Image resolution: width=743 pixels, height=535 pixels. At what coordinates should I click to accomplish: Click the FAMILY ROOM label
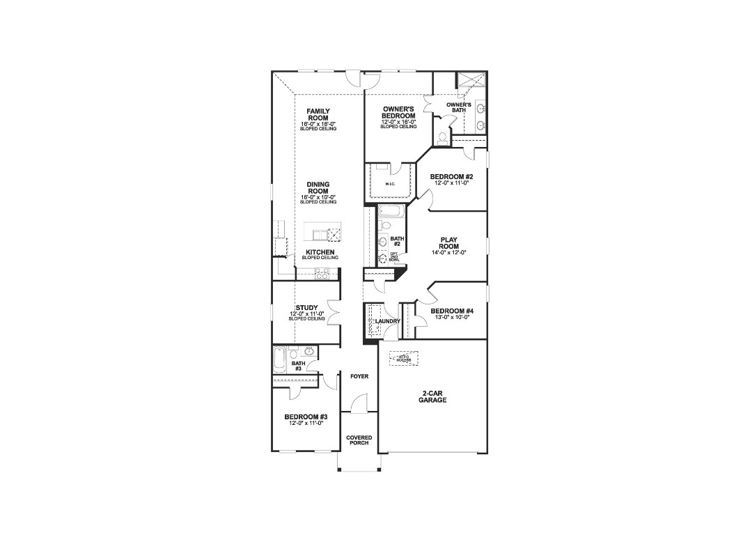[x=318, y=114]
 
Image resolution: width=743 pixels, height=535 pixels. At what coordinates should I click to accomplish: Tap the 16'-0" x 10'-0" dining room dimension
[x=318, y=198]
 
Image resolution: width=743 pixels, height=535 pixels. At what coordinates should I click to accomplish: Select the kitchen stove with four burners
[x=322, y=274]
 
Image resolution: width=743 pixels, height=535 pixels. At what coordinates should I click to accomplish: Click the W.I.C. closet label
[x=390, y=185]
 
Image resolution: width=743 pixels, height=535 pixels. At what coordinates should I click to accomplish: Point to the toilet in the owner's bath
[x=442, y=137]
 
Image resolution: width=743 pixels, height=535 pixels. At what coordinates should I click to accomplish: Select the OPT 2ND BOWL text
[x=394, y=257]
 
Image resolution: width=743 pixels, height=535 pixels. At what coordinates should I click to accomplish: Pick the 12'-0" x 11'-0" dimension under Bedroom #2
[x=451, y=183]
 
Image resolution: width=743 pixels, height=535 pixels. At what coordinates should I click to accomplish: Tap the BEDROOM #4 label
[x=451, y=311]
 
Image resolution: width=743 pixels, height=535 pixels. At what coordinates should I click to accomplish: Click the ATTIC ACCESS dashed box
[x=404, y=358]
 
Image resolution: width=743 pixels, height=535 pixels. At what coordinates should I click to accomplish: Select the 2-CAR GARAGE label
[x=432, y=397]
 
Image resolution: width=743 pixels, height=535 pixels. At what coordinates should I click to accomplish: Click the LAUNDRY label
[x=388, y=321]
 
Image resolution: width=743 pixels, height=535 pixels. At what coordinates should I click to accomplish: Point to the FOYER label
[x=359, y=376]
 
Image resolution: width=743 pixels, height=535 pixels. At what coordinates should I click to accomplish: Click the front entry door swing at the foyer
[x=359, y=404]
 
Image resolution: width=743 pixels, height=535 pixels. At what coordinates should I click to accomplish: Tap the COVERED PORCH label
[x=359, y=440]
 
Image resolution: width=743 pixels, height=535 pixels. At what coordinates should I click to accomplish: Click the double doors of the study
[x=333, y=311]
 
